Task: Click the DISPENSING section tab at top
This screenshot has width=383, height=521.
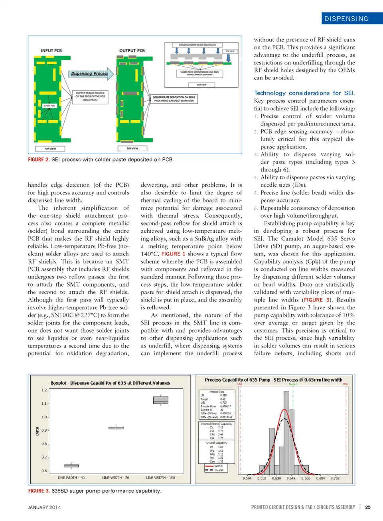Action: point(346,19)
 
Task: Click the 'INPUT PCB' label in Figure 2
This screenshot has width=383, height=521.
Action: point(51,51)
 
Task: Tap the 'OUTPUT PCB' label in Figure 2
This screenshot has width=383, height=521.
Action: point(132,51)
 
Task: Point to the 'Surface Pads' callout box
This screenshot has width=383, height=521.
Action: point(49,106)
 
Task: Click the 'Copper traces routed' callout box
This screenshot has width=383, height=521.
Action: point(90,97)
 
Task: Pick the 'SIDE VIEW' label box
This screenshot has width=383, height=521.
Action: point(201,85)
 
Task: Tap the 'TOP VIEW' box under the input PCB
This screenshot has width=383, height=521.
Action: point(50,149)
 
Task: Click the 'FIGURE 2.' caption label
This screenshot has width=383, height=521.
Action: point(39,160)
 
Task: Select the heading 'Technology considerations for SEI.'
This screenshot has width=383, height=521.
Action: point(304,93)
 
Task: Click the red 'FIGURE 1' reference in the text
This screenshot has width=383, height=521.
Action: point(173,254)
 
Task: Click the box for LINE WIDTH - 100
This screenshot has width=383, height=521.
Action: point(160,400)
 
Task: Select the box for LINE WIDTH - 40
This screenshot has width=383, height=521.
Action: point(71,466)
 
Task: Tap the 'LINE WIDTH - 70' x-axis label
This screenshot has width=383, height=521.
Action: point(116,478)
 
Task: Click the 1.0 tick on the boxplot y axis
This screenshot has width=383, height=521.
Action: point(44,417)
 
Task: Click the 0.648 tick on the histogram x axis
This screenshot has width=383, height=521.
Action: point(291,478)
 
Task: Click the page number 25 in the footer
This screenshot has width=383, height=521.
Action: point(368,507)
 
